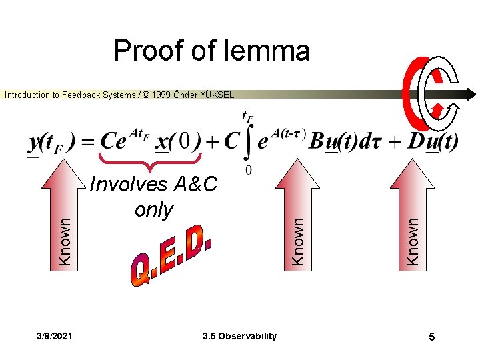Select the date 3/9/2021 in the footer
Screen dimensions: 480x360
point(56,336)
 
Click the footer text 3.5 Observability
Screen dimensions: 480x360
point(239,336)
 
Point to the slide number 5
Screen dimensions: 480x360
point(432,337)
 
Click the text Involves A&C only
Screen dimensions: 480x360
point(153,197)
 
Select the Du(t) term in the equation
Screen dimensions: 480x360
point(433,142)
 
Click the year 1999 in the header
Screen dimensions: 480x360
point(162,95)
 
